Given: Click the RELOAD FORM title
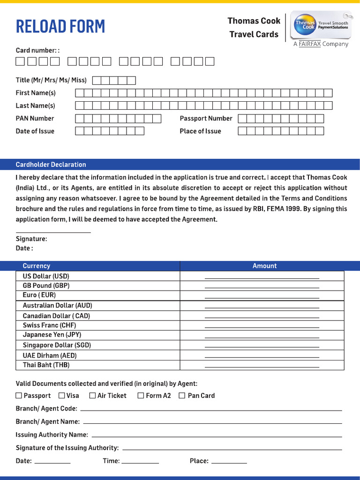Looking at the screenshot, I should [x=60, y=27].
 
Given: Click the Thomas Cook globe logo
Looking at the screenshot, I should [x=305, y=24].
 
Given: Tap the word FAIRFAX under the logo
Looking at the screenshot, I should [x=310, y=44].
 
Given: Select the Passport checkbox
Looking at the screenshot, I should [x=19, y=396].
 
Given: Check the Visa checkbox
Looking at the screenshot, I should [x=61, y=396].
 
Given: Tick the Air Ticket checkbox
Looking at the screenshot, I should [x=92, y=396].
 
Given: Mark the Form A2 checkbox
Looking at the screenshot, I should [x=141, y=396].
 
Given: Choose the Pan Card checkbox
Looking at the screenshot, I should [x=182, y=396].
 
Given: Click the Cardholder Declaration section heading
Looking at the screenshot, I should [x=51, y=165].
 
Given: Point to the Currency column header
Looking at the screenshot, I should [x=36, y=266].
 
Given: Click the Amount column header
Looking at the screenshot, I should [x=264, y=266].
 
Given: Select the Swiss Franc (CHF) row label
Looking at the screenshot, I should [x=49, y=325].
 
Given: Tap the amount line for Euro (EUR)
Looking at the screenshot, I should [x=262, y=298].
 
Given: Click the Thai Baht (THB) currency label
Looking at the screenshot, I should [x=46, y=365].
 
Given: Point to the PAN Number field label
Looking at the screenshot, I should [x=35, y=119].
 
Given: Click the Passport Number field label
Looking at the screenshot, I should [x=206, y=119].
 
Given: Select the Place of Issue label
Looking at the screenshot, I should [x=200, y=131].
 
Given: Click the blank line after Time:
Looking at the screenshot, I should [x=140, y=463].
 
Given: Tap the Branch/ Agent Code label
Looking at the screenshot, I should [x=46, y=409].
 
